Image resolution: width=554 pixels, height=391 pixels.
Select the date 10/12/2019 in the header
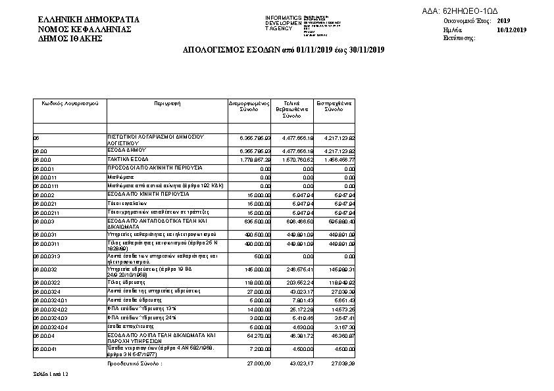512,30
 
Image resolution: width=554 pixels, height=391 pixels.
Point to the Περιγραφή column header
167,104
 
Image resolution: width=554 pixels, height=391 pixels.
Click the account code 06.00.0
42,159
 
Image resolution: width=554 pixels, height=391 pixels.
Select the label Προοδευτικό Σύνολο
134,363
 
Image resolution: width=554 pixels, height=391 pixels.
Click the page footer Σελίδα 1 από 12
51,374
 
